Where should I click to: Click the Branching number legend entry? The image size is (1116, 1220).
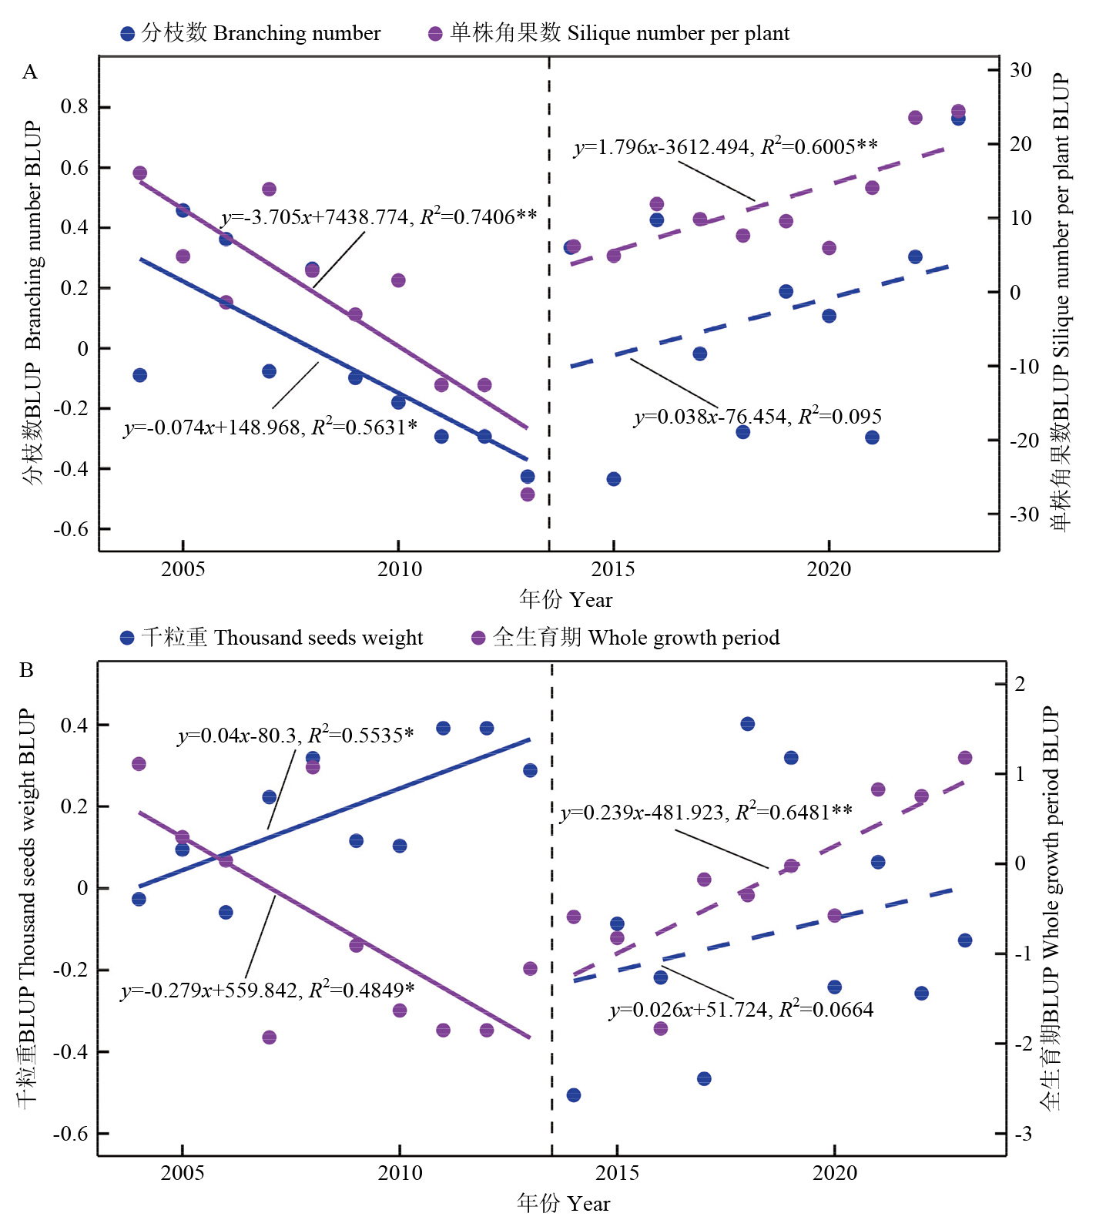point(251,33)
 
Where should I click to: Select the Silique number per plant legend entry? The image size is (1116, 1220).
point(609,33)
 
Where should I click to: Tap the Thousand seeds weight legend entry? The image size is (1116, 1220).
point(272,638)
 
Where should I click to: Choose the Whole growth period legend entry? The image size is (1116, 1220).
point(625,638)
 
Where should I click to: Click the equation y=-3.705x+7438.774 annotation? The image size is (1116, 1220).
point(379,217)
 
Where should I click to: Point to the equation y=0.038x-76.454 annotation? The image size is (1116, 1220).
point(758,417)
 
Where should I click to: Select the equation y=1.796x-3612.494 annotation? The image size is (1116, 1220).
point(726,146)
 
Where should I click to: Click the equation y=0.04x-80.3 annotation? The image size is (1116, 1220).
point(296,736)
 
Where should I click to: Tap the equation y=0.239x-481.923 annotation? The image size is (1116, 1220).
point(706,813)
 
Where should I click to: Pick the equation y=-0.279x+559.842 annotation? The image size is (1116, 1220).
point(267,990)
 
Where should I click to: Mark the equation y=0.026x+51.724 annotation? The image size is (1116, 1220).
point(742,1010)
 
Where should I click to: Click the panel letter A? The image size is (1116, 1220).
point(29,72)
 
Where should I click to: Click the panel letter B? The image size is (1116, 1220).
point(27,670)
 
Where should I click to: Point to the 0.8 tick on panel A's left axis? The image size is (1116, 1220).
point(75,107)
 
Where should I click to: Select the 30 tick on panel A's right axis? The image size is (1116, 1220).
point(1020,70)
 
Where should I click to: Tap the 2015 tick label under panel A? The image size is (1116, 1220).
point(613,569)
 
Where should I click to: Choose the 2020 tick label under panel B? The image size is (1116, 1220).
point(834,1173)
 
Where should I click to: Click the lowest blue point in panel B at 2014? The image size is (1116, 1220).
point(574,1094)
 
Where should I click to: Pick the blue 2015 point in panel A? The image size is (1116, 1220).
point(614,479)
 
